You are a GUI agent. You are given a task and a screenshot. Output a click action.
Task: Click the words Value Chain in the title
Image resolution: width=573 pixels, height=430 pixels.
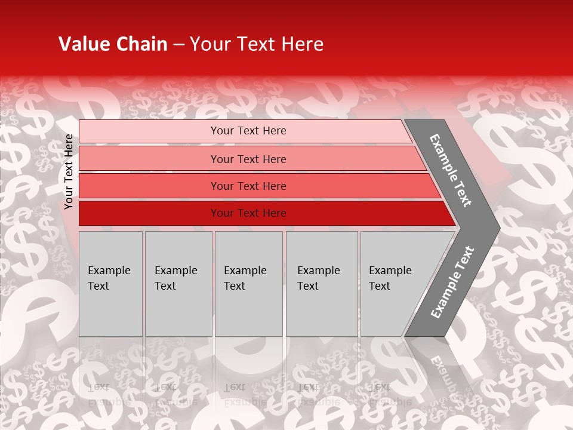tap(113, 44)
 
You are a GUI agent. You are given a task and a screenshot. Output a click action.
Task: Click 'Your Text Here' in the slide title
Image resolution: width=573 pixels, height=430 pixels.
tap(257, 44)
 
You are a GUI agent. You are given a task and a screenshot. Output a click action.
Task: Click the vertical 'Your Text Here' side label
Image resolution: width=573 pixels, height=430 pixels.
tap(69, 171)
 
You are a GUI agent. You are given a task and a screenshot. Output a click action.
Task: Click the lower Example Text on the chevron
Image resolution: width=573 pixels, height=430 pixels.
tap(452, 282)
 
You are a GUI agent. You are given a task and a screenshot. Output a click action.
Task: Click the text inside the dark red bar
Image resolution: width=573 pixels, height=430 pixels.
tap(248, 213)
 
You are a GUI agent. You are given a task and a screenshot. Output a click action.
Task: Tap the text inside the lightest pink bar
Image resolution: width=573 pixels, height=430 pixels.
tap(248, 131)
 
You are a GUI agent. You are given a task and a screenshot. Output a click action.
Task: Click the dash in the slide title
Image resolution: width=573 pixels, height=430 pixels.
tap(178, 44)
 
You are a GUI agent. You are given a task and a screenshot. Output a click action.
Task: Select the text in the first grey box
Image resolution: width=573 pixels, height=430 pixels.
tap(109, 278)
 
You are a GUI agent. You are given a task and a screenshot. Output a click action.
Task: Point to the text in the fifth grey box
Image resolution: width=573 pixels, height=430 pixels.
tap(390, 278)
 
